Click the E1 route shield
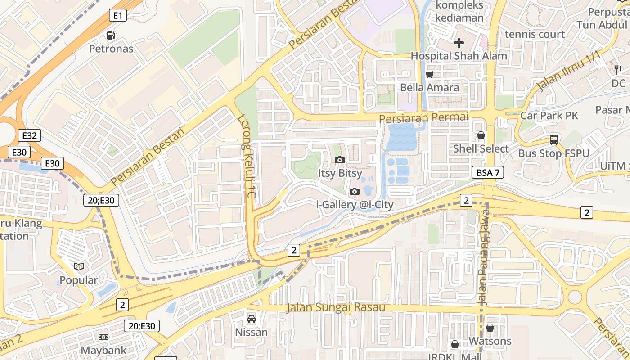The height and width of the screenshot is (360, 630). tap(117, 16)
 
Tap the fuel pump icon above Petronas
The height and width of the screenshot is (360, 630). tap(111, 35)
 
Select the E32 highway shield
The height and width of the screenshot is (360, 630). tap(30, 135)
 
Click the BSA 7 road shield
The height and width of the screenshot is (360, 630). tap(488, 172)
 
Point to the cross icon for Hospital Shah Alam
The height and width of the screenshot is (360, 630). tap(459, 43)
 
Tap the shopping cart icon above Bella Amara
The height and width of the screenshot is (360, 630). tap(430, 74)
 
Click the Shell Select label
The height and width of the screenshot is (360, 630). tap(481, 148)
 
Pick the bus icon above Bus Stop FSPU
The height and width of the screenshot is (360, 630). tap(553, 140)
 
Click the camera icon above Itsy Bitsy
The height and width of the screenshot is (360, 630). tap(340, 160)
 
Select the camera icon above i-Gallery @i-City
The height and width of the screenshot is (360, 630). tap(355, 192)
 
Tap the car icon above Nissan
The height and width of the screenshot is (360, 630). tap(252, 319)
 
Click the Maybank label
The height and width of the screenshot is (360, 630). tap(103, 350)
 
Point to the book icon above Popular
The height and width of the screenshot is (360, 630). tap(79, 267)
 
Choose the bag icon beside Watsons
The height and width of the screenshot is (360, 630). tap(490, 328)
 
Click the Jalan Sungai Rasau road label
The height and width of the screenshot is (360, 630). tap(336, 308)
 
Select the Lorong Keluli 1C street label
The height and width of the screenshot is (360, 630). tap(247, 157)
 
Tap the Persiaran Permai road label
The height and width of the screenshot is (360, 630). tap(424, 117)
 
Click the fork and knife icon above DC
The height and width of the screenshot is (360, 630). tap(618, 70)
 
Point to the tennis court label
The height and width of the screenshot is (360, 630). tap(535, 34)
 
